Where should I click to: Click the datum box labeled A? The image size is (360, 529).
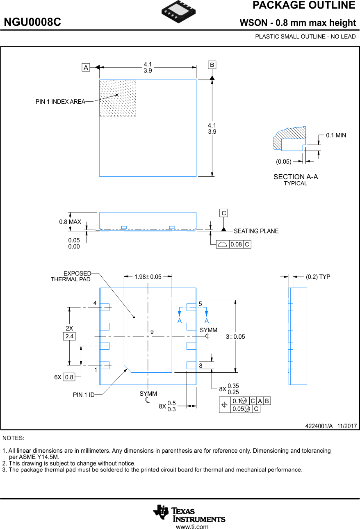point(86,67)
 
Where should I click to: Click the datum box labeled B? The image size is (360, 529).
point(212,65)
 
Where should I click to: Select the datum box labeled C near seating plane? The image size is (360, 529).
point(224,213)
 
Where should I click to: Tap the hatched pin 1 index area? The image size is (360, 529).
point(118,98)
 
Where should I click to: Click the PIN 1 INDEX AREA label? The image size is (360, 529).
point(60,102)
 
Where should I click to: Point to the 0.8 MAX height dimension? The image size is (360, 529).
point(70,222)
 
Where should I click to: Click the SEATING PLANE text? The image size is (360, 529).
point(256,231)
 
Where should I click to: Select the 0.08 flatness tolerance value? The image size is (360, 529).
point(236,245)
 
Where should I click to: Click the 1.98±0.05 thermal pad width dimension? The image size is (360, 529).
point(148,277)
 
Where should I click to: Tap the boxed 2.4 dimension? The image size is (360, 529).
point(69,336)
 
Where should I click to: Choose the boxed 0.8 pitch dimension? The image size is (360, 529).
point(69,377)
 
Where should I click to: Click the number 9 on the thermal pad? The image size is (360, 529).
point(152,331)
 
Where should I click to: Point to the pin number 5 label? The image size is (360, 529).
point(200,304)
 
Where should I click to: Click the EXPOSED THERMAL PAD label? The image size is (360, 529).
point(71,276)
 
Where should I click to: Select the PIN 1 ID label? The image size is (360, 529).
point(84,395)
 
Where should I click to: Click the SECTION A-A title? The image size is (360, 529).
point(296,177)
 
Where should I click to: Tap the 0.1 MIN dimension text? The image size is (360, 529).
point(336,135)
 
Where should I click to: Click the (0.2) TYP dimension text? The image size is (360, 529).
point(318,277)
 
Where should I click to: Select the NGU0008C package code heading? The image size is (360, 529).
point(32,23)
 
